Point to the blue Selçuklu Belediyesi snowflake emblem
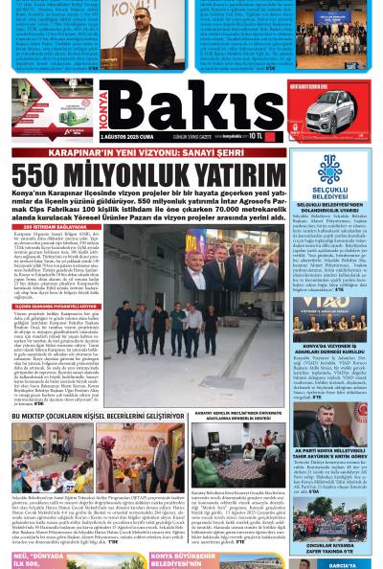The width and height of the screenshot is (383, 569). (x=331, y=170)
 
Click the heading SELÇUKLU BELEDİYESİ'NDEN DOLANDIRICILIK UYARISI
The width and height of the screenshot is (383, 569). (x=331, y=207)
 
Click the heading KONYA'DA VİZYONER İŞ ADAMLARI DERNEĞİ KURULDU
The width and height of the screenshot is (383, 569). (x=331, y=349)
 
